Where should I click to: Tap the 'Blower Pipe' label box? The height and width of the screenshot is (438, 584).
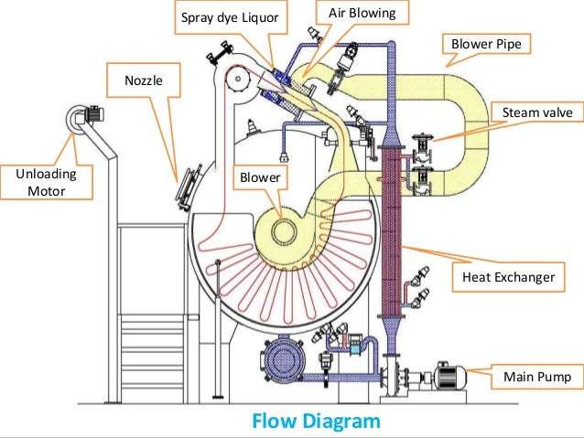coord(484,43)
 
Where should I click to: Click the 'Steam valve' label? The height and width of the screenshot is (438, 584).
coord(537,112)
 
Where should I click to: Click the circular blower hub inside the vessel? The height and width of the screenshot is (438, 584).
coord(285,230)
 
